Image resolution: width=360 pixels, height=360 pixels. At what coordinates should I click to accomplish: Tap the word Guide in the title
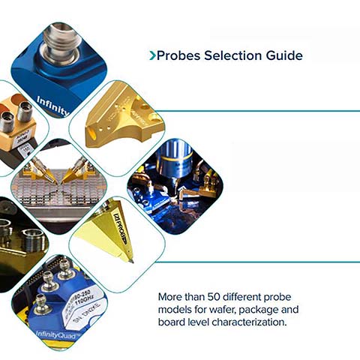(282, 55)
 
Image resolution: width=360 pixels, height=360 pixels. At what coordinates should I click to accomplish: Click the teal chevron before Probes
(152, 55)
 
